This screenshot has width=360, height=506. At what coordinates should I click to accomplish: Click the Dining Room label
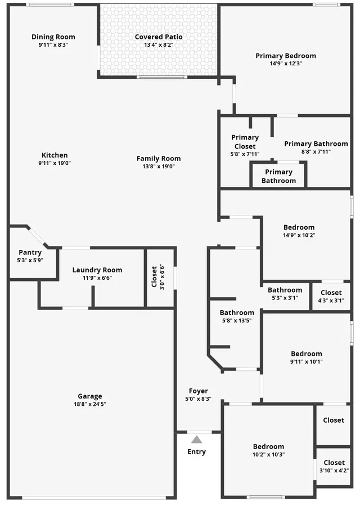pyautogui.click(x=53, y=37)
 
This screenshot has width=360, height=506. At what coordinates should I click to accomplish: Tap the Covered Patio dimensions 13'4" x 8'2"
pyautogui.click(x=159, y=45)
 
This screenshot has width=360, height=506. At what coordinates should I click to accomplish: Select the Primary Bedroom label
pyautogui.click(x=286, y=56)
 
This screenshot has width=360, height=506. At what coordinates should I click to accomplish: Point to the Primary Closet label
pyautogui.click(x=245, y=142)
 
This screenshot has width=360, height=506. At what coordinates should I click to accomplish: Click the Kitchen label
pyautogui.click(x=55, y=155)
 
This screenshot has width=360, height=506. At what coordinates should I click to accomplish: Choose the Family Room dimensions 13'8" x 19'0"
pyautogui.click(x=159, y=167)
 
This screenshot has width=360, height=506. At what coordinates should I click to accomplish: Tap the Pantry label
pyautogui.click(x=30, y=252)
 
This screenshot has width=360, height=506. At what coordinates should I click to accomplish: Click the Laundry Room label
pyautogui.click(x=97, y=270)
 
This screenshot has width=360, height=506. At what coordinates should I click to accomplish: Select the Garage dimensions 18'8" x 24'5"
pyautogui.click(x=90, y=404)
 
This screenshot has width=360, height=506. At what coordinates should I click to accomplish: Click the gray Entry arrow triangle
pyautogui.click(x=196, y=440)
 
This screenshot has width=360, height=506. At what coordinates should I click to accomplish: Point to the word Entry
pyautogui.click(x=196, y=452)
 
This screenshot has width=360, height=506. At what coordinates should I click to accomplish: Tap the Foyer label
pyautogui.click(x=199, y=391)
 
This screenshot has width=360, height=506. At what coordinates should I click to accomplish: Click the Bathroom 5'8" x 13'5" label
pyautogui.click(x=237, y=312)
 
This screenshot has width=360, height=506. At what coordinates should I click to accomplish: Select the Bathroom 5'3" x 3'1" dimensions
pyautogui.click(x=285, y=298)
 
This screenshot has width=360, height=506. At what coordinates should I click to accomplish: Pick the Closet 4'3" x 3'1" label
pyautogui.click(x=331, y=293)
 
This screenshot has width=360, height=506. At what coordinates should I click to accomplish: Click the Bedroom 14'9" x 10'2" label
pyautogui.click(x=299, y=227)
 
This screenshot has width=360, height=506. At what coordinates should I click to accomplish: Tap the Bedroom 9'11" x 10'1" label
pyautogui.click(x=307, y=353)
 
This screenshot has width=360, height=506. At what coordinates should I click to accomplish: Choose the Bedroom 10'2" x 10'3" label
pyautogui.click(x=268, y=447)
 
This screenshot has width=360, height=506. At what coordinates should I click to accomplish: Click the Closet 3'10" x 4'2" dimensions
pyautogui.click(x=334, y=471)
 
